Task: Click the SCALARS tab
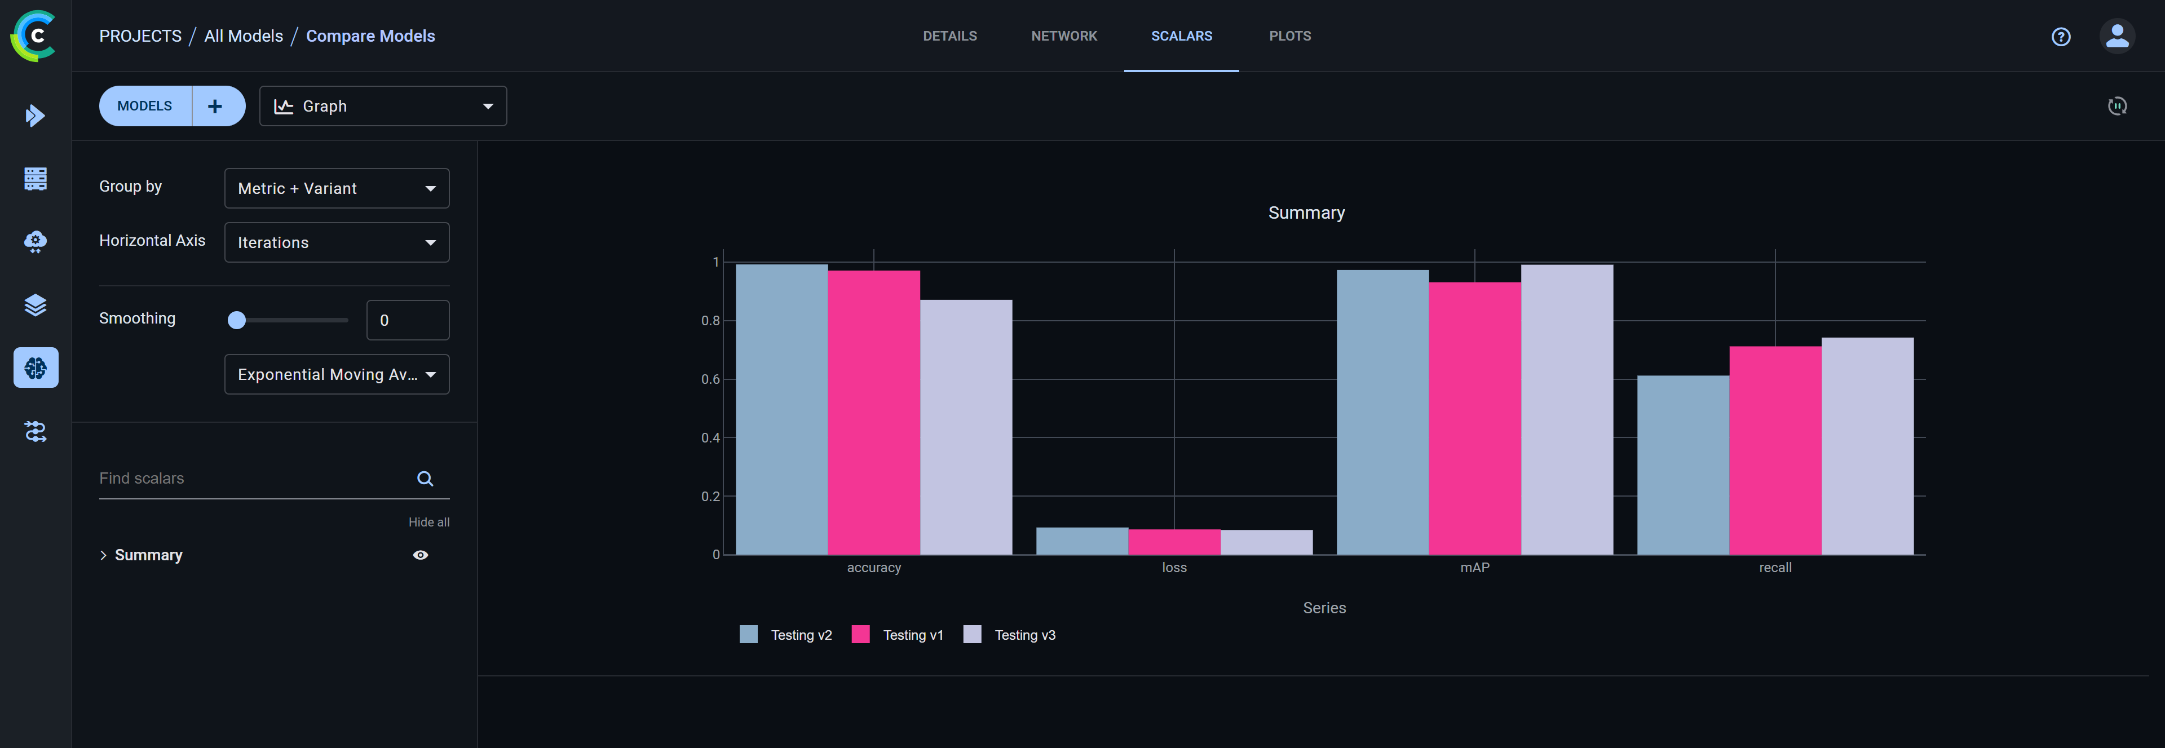(x=1181, y=36)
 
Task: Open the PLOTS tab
(x=1289, y=36)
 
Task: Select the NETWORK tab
(x=1063, y=36)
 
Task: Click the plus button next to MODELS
(x=215, y=106)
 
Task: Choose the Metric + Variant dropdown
(x=336, y=188)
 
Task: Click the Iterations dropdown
(x=336, y=242)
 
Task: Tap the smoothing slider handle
(x=237, y=320)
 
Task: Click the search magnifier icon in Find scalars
(x=425, y=478)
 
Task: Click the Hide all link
(x=428, y=522)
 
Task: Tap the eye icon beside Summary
(x=420, y=555)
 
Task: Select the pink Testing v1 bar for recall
(x=1774, y=450)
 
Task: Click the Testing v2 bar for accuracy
(x=781, y=409)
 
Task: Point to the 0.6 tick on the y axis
(x=710, y=379)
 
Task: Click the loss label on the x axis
(x=1174, y=567)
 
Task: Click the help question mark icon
(x=2060, y=36)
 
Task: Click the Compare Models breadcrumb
(x=370, y=36)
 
